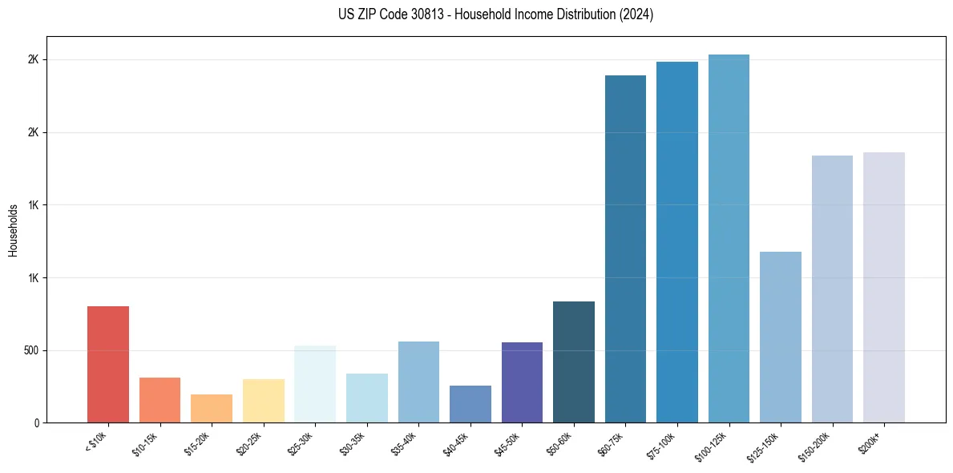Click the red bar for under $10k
[108, 365]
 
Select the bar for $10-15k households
[160, 400]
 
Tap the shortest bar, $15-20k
[212, 409]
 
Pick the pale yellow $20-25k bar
[263, 401]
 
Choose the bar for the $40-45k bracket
[470, 404]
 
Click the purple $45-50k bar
[522, 382]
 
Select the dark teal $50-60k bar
[573, 362]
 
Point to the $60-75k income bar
[625, 249]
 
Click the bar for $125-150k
[780, 337]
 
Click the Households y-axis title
[13, 230]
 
